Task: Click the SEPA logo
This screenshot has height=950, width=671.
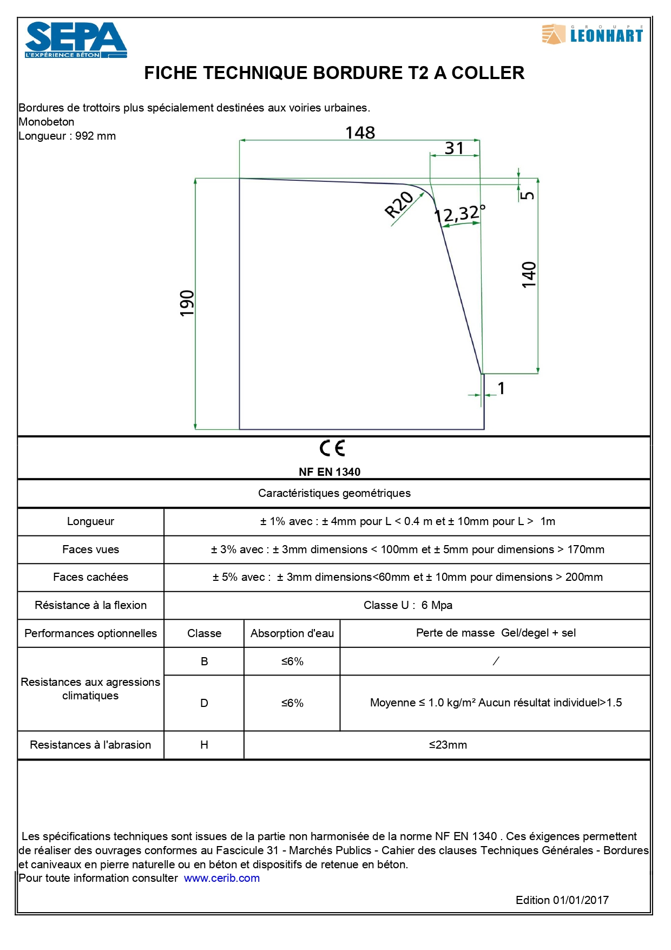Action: click(76, 40)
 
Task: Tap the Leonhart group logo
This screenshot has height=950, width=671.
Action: click(593, 35)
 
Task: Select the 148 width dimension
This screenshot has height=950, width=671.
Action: click(360, 133)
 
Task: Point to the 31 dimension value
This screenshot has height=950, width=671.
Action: click(455, 148)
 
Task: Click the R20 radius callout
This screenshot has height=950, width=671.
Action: click(399, 205)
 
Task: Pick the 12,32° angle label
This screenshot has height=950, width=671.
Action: click(460, 214)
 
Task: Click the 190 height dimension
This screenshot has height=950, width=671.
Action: click(187, 303)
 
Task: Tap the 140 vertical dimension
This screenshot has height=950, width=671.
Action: click(529, 274)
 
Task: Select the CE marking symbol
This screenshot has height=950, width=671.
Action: click(332, 448)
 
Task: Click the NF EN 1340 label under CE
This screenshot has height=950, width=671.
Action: click(330, 472)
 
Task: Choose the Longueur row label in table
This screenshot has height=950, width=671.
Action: click(90, 521)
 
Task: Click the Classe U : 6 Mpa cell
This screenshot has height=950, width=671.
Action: click(407, 605)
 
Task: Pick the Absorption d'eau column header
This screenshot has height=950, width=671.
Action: click(292, 633)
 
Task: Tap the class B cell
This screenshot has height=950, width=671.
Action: click(204, 661)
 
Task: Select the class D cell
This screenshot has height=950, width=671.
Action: click(204, 703)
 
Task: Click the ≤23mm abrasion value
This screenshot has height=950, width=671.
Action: click(448, 745)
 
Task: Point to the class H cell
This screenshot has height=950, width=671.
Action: click(204, 745)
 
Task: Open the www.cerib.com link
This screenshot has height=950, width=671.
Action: click(222, 878)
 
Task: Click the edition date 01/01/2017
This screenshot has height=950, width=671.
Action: click(581, 900)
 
